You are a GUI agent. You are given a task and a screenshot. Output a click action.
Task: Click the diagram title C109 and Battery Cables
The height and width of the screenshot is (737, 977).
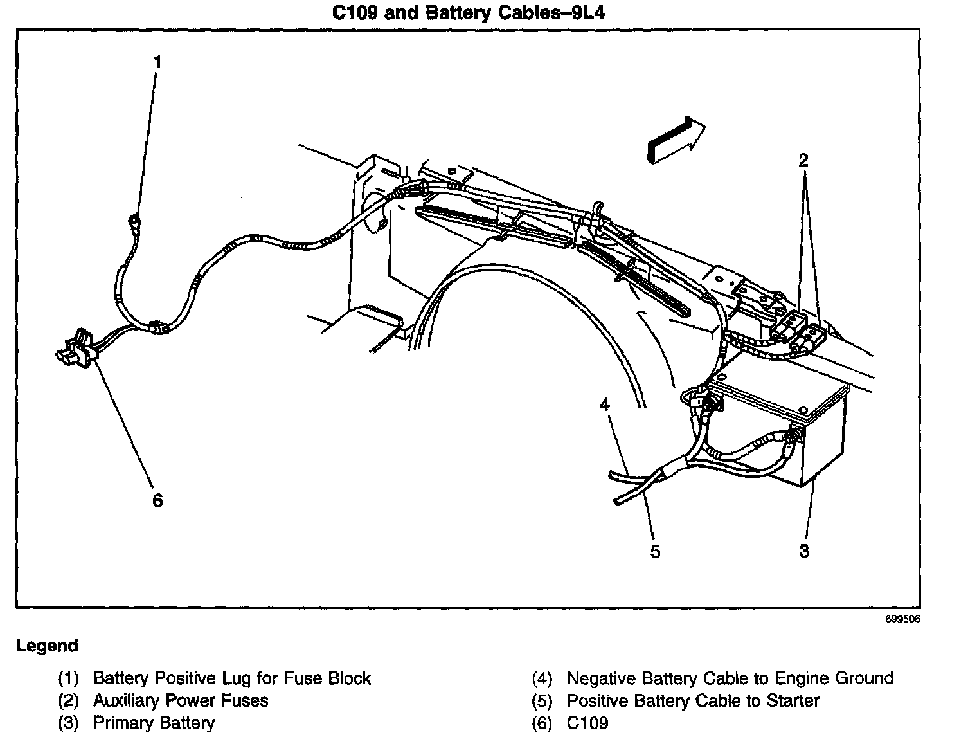tap(469, 13)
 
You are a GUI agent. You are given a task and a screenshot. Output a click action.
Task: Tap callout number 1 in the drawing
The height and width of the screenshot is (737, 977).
tap(157, 62)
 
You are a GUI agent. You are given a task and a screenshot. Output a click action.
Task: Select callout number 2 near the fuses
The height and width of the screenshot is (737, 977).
tap(803, 160)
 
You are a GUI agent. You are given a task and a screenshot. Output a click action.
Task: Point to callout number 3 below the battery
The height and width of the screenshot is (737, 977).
tap(803, 551)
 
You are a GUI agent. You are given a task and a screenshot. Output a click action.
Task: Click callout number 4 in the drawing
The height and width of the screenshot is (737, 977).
tap(604, 405)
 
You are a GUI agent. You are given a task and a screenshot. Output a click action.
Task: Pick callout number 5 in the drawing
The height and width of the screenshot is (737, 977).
tap(655, 552)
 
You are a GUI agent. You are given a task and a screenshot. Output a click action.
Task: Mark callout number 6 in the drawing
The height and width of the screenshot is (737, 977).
tap(157, 500)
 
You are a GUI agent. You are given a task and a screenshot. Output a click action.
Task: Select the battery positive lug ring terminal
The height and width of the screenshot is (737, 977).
tap(134, 222)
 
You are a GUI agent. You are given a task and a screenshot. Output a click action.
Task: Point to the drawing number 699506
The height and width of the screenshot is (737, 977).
tap(902, 620)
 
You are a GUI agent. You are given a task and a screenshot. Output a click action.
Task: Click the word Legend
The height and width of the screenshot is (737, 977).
tap(47, 646)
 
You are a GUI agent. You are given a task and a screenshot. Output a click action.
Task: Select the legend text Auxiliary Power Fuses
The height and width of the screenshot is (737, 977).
tap(181, 700)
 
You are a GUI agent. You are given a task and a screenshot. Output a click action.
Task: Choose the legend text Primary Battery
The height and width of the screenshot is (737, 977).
tap(154, 723)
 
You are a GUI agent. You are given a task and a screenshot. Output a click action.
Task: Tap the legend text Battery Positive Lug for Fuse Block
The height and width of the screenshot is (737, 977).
tap(231, 678)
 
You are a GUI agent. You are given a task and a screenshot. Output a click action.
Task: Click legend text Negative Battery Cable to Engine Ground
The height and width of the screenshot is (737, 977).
tap(730, 678)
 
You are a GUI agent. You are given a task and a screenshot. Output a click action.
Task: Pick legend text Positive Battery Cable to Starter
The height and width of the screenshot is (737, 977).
tap(693, 700)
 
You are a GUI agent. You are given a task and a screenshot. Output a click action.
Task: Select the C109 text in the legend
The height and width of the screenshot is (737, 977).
tap(587, 723)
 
